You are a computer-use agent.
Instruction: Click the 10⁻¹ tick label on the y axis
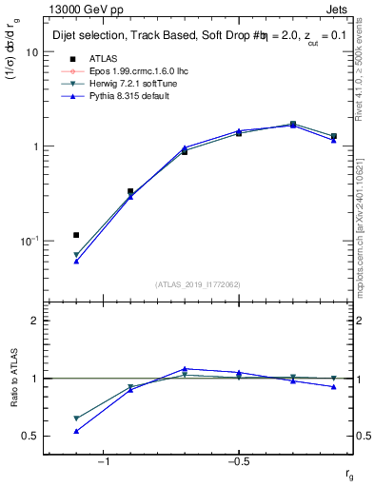[x=29, y=241]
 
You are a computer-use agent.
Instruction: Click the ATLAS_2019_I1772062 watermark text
[x=197, y=283]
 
